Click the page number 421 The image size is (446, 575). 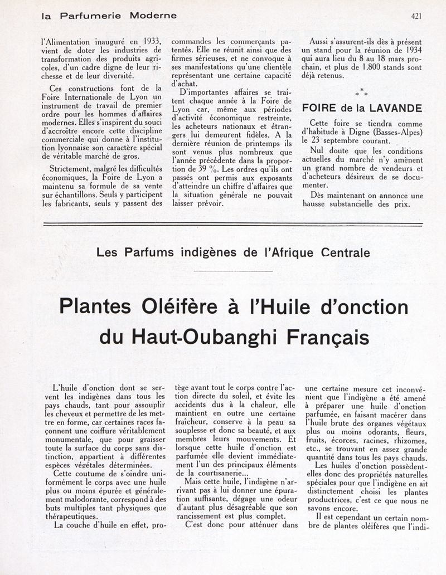[415, 16]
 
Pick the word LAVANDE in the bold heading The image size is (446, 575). [396, 108]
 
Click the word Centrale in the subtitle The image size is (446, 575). [345, 252]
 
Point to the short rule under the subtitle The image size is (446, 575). [234, 271]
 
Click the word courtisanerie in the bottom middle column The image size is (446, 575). [217, 472]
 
